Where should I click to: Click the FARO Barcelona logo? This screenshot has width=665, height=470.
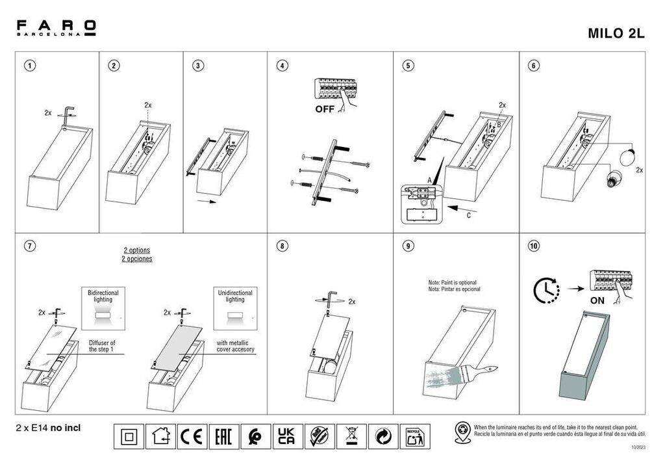point(56,28)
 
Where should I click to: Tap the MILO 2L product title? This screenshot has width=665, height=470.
point(616,34)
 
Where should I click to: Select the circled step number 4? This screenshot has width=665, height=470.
point(282,66)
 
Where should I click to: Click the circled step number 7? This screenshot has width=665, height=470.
point(29,246)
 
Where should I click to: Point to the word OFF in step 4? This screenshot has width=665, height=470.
point(325,109)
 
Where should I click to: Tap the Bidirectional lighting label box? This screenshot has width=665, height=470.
point(103,306)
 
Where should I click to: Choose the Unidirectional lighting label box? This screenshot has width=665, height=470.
point(235,306)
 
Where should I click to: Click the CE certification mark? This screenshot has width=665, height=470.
point(193,436)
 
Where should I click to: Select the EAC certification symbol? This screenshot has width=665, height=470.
point(224,436)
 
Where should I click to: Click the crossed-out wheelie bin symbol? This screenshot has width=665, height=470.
point(351,436)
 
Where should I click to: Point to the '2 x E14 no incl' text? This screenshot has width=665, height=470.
point(47,428)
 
